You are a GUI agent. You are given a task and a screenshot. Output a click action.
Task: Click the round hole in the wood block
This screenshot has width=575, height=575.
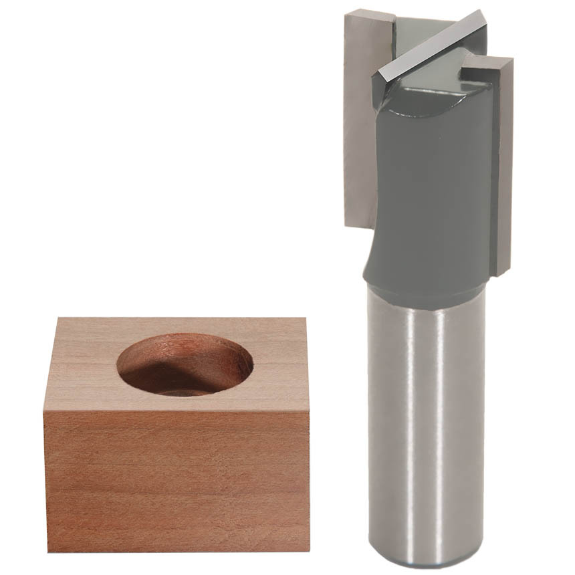(x=185, y=364)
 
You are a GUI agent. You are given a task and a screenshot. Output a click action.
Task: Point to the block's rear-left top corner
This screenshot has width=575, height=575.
(x=55, y=318)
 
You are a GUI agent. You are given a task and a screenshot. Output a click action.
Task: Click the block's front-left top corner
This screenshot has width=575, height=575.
(x=44, y=410)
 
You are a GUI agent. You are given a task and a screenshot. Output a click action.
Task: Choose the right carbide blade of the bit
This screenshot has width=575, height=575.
(x=503, y=167)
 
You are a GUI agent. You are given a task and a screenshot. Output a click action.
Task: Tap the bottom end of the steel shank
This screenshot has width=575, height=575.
(x=428, y=565)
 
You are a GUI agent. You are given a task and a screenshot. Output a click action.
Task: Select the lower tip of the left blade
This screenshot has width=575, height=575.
(x=358, y=224)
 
